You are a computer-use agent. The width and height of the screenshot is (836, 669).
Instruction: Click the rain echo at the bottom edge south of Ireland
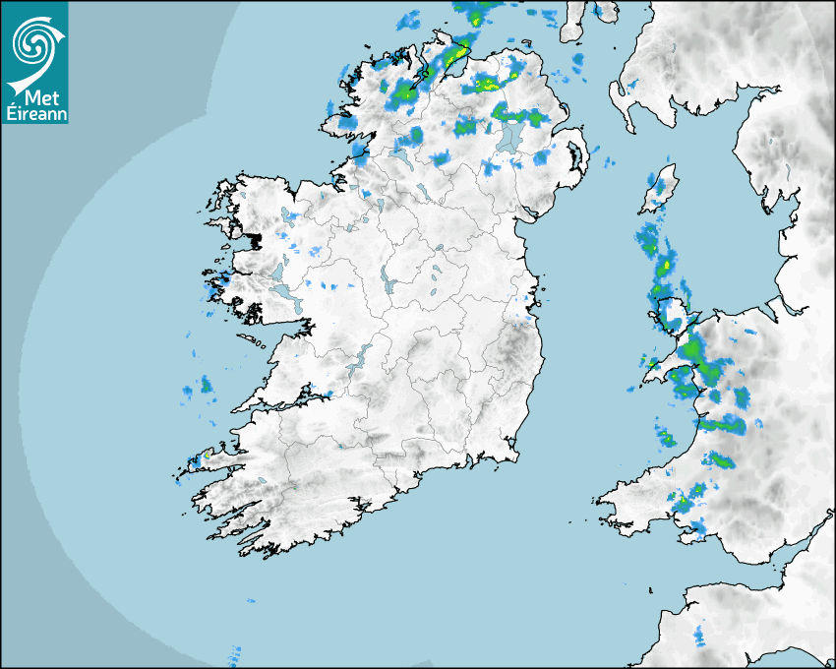234,652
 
